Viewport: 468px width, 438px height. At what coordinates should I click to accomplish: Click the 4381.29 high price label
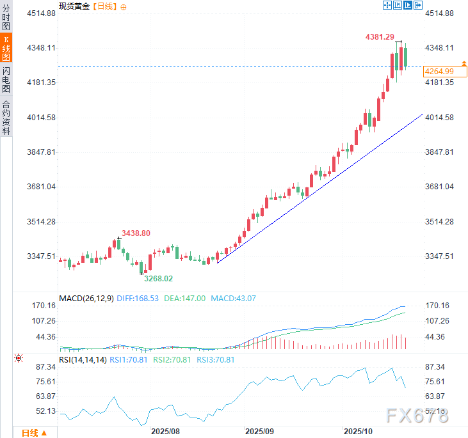pos(380,38)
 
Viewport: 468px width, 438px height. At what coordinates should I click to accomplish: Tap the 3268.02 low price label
pos(159,278)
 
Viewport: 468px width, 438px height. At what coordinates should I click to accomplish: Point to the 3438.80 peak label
pos(136,233)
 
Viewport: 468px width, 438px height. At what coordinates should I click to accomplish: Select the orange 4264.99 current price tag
pos(439,71)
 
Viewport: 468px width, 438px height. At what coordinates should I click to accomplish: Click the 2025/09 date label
pos(260,432)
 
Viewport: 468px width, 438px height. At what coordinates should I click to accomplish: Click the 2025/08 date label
pos(165,432)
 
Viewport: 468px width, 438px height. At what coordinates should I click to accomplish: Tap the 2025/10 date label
pos(358,432)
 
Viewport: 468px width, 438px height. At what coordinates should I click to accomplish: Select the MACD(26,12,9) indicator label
pos(86,298)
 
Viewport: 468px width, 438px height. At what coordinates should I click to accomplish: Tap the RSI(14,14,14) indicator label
pos(83,359)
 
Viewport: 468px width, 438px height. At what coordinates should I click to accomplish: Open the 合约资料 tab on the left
pos(6,118)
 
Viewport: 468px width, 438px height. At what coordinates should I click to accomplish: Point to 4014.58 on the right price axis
pos(439,118)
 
